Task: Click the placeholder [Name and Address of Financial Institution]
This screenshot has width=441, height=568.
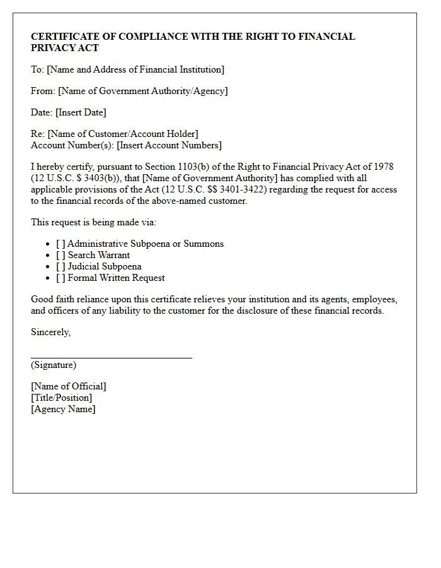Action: tap(135, 69)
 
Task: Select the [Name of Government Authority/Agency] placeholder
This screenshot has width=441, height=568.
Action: tap(143, 91)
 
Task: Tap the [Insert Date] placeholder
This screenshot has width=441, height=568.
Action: tap(81, 112)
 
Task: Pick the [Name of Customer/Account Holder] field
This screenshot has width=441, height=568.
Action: tap(123, 134)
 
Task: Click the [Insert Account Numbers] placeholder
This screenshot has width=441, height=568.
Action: tap(169, 145)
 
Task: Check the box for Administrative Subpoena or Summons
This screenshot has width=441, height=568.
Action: tap(60, 244)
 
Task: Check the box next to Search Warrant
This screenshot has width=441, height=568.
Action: tap(60, 255)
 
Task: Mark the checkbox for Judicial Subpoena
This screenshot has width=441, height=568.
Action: tap(60, 266)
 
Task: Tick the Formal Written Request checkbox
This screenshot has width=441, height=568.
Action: tap(60, 278)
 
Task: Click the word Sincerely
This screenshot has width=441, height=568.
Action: tap(50, 332)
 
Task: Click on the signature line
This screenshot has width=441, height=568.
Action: tap(111, 357)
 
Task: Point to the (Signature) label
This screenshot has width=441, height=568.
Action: tap(54, 365)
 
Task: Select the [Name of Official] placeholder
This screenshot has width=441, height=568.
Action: tap(69, 386)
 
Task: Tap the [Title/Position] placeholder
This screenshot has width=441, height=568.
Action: tap(61, 398)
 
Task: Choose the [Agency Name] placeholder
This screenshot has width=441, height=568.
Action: tap(63, 409)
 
